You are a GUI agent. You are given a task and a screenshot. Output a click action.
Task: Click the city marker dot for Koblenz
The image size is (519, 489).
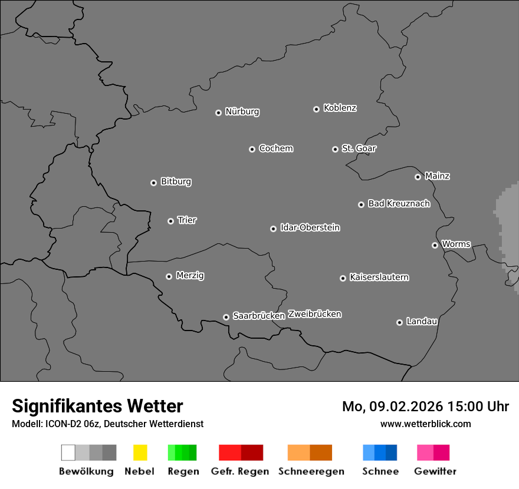tap(316, 109)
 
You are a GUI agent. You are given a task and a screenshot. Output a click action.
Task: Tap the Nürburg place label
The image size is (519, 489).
tap(242, 111)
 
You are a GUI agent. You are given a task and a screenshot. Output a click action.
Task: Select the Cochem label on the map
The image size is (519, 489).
tap(276, 148)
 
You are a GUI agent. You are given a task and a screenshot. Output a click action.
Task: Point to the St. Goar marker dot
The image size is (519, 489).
tap(335, 149)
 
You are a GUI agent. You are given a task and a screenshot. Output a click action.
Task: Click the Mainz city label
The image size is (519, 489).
tap(438, 176)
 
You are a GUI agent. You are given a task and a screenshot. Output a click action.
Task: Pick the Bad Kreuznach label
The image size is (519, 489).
tap(399, 204)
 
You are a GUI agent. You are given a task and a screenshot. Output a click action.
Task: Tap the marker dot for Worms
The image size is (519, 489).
tap(435, 245)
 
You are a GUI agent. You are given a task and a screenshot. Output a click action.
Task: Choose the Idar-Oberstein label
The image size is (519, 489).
tap(310, 227)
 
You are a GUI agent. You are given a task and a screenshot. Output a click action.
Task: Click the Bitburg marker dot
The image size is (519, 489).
tap(153, 183)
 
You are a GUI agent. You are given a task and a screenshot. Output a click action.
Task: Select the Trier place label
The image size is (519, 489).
tap(187, 220)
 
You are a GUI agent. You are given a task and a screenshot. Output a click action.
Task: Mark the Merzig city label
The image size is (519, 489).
tap(190, 276)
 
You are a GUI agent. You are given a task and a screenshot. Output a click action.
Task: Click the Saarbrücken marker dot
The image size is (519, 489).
tap(226, 317)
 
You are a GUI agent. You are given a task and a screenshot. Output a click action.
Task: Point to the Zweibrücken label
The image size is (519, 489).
tap(315, 314)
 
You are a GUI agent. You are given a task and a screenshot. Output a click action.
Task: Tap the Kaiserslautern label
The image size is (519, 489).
tap(379, 277)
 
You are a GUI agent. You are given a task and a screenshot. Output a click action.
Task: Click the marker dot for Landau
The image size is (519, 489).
tap(399, 322)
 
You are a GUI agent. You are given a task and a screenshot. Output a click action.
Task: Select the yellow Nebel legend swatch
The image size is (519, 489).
tap(140, 452)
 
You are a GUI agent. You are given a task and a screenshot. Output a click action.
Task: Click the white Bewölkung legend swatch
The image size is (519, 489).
tap(68, 452)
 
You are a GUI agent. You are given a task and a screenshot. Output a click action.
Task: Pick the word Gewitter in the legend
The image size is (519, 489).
tap(435, 471)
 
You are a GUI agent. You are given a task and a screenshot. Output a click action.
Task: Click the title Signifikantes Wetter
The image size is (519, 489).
tap(97, 407)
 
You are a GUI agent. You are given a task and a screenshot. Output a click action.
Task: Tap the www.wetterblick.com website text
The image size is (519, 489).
tap(426, 424)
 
